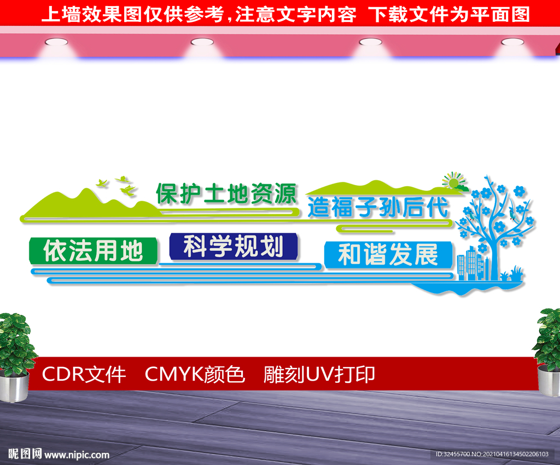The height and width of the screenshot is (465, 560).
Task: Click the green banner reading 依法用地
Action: pyautogui.click(x=93, y=251)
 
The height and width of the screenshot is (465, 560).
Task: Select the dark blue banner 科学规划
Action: pyautogui.click(x=234, y=246)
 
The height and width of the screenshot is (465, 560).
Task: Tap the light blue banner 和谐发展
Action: pyautogui.click(x=388, y=255)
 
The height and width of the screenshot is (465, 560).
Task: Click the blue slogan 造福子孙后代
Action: pyautogui.click(x=378, y=207)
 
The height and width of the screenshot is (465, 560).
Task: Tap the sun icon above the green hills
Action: pyautogui.click(x=453, y=181)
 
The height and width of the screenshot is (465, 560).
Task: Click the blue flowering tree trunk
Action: pyautogui.click(x=494, y=257)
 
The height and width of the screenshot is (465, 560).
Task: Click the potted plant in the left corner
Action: pyautogui.click(x=15, y=357)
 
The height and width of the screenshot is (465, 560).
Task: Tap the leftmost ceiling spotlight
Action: pyautogui.click(x=56, y=42)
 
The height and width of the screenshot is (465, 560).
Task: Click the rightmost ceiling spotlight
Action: pyautogui.click(x=512, y=42)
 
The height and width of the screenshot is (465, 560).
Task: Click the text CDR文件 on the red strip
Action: pyautogui.click(x=84, y=375)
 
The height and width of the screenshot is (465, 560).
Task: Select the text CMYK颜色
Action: pyautogui.click(x=195, y=375)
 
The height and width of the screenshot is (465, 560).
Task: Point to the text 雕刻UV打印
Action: pyautogui.click(x=319, y=375)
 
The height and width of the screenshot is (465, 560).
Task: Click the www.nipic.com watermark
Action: pyautogui.click(x=77, y=455)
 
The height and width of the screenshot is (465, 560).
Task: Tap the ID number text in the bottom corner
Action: pyautogui.click(x=492, y=454)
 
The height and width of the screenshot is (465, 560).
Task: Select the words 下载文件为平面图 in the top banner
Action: pyautogui.click(x=449, y=14)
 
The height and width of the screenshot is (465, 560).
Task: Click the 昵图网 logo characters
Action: pyautogui.click(x=25, y=454)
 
